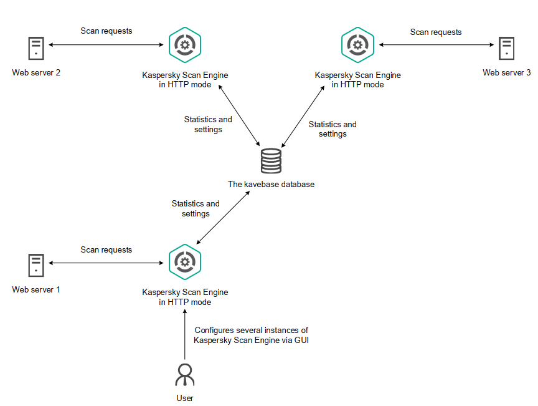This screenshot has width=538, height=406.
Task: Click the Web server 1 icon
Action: pyautogui.click(x=35, y=264)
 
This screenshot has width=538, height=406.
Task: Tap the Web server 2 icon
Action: pyautogui.click(x=35, y=49)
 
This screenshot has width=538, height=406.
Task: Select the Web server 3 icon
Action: pyautogui.click(x=507, y=49)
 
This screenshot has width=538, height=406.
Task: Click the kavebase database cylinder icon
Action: pyautogui.click(x=270, y=161)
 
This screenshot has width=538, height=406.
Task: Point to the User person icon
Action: pyautogui.click(x=185, y=375)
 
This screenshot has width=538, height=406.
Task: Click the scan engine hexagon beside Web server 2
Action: pyautogui.click(x=185, y=45)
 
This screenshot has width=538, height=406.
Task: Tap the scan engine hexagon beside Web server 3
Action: pyautogui.click(x=358, y=45)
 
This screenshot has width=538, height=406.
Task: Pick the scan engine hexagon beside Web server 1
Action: pyautogui.click(x=185, y=261)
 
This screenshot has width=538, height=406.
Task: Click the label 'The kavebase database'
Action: pyautogui.click(x=270, y=184)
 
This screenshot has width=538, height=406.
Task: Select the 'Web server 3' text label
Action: pyautogui.click(x=507, y=73)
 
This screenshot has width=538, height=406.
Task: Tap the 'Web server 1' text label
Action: pyautogui.click(x=36, y=290)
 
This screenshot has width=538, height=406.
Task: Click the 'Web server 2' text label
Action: pyautogui.click(x=36, y=73)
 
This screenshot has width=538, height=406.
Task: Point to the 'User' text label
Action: pyautogui.click(x=185, y=398)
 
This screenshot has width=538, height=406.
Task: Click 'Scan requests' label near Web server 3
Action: pyautogui.click(x=436, y=32)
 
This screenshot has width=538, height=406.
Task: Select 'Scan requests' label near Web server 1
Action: pyautogui.click(x=106, y=250)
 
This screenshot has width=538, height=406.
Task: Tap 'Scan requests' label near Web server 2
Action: pyautogui.click(x=106, y=31)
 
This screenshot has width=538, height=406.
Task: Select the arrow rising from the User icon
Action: pyautogui.click(x=185, y=334)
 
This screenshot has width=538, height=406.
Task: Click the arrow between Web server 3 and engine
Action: pyautogui.click(x=436, y=45)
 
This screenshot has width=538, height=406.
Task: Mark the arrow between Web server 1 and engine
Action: pyautogui.click(x=106, y=263)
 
